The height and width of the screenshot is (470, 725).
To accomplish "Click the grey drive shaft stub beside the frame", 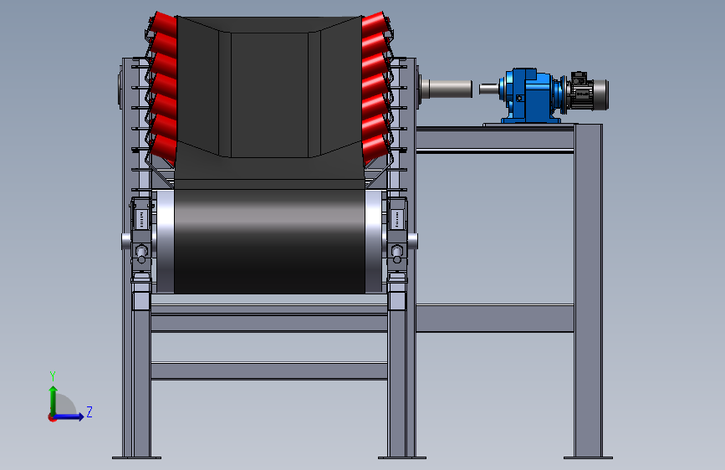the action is coord(447,89).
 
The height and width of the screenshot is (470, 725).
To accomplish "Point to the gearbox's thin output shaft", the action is coord(489,89).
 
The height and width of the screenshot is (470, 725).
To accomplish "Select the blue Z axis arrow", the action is coord(68,416).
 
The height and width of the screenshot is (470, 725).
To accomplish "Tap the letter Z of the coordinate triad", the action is coord(89,411).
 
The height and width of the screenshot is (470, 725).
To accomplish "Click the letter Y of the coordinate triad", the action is coord(53,375).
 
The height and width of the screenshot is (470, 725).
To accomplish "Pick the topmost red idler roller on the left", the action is coord(163,24).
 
